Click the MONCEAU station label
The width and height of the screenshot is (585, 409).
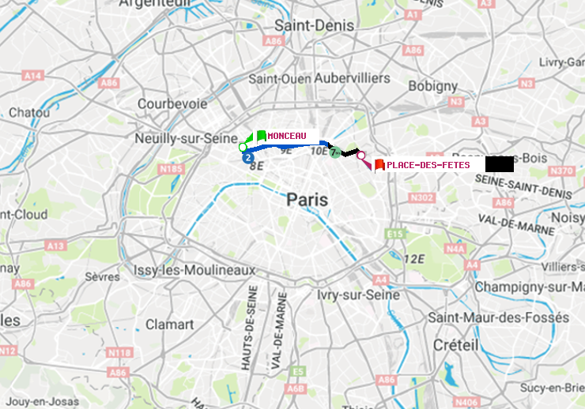click(x=286, y=136)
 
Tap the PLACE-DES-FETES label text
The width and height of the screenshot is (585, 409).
click(x=428, y=165)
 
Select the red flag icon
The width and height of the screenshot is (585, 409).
click(x=379, y=165)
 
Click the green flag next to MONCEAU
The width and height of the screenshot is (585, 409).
click(x=260, y=136)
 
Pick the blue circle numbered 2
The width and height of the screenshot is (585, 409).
click(x=249, y=157)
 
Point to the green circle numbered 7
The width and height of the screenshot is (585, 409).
click(x=335, y=152)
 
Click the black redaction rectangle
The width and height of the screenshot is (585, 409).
click(x=500, y=164)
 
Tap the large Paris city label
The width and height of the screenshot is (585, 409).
click(x=307, y=200)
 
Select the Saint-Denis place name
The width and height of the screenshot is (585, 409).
click(x=303, y=25)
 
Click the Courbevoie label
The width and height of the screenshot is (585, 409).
click(x=172, y=103)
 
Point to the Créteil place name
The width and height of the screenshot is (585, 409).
click(x=455, y=345)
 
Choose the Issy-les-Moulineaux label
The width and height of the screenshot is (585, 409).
click(x=194, y=270)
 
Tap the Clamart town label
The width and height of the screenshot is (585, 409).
click(x=169, y=325)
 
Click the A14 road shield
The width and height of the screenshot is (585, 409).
click(x=32, y=75)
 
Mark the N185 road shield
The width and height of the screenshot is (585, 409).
click(x=171, y=169)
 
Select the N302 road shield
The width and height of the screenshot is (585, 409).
click(x=423, y=197)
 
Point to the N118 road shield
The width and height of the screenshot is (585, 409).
click(x=119, y=352)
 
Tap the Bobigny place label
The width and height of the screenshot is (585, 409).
click(x=432, y=85)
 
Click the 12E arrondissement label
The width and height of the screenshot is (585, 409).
click(x=414, y=259)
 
